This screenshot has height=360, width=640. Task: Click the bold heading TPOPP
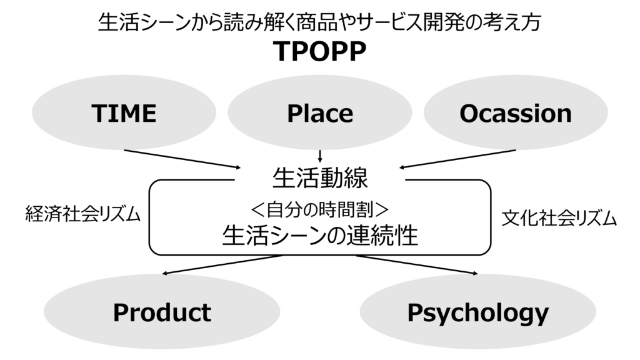pyautogui.click(x=319, y=53)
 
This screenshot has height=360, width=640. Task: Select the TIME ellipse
pyautogui.click(x=124, y=113)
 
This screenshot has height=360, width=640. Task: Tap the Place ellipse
pyautogui.click(x=319, y=113)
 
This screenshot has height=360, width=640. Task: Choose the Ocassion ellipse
pyautogui.click(x=515, y=113)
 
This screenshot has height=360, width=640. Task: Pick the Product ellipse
pyautogui.click(x=161, y=312)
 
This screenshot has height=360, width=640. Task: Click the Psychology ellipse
pyautogui.click(x=477, y=312)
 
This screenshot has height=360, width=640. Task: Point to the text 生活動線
pyautogui.click(x=320, y=178)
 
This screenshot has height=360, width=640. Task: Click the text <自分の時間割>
pyautogui.click(x=320, y=207)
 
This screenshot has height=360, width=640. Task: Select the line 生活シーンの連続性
pyautogui.click(x=320, y=236)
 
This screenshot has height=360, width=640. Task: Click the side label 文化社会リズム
pyautogui.click(x=559, y=219)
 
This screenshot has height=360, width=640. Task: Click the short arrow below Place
pyautogui.click(x=320, y=156)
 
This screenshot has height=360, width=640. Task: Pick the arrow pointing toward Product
pyautogui.click(x=222, y=264)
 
